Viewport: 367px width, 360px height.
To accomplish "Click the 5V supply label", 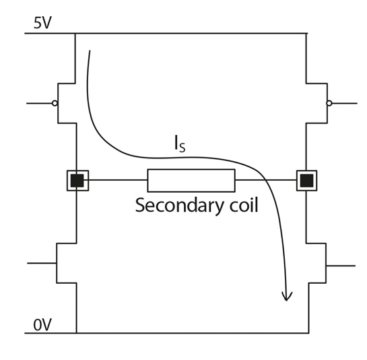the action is click(42, 23).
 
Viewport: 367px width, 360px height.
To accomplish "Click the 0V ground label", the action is click(42, 325).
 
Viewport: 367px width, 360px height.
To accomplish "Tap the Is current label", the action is click(180, 144).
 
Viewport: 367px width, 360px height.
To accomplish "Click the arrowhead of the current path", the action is click(287, 297).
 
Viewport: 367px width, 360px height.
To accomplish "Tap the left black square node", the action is click(77, 181).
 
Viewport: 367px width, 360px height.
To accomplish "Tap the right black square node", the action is click(306, 181).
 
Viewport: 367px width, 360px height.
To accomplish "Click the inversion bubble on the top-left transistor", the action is click(55, 103).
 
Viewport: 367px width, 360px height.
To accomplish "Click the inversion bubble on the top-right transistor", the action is click(329, 103).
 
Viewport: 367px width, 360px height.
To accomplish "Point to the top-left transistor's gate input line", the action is click(39, 103).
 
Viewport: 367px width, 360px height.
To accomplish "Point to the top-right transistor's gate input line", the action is click(345, 103).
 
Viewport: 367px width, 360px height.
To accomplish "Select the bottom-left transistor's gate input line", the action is click(42, 263).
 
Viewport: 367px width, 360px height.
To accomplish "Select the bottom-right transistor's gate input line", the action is click(341, 266).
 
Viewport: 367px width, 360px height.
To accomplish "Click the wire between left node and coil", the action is click(118, 180).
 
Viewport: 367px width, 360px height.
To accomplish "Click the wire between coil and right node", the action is click(266, 180).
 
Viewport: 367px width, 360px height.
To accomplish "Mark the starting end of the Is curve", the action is click(90, 51).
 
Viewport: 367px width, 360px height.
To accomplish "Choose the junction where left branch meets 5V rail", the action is click(75, 34).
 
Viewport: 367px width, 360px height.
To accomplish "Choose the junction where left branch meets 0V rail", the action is click(76, 333).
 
